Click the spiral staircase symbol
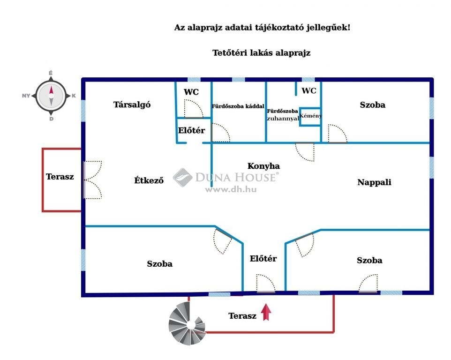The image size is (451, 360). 187,325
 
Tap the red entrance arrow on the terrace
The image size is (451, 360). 266,312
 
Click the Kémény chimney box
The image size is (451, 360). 310,116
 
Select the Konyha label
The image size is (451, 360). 263,166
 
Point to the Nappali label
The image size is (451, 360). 374,182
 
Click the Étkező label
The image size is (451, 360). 149,180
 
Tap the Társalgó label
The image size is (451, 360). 132,105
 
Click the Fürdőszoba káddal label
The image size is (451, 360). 238,106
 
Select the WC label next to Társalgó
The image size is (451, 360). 191,92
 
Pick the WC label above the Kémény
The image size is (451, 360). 309,90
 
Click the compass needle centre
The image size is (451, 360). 51,96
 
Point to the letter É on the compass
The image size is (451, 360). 51,73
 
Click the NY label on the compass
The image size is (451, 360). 26,96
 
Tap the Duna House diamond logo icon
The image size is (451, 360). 182,177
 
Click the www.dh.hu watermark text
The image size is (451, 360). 231,189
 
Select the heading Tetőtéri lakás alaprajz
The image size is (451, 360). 262,53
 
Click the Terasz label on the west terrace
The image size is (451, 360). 60,177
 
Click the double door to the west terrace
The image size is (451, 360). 93,180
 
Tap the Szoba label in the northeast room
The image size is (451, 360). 373,105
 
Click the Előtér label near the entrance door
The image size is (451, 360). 263,258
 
